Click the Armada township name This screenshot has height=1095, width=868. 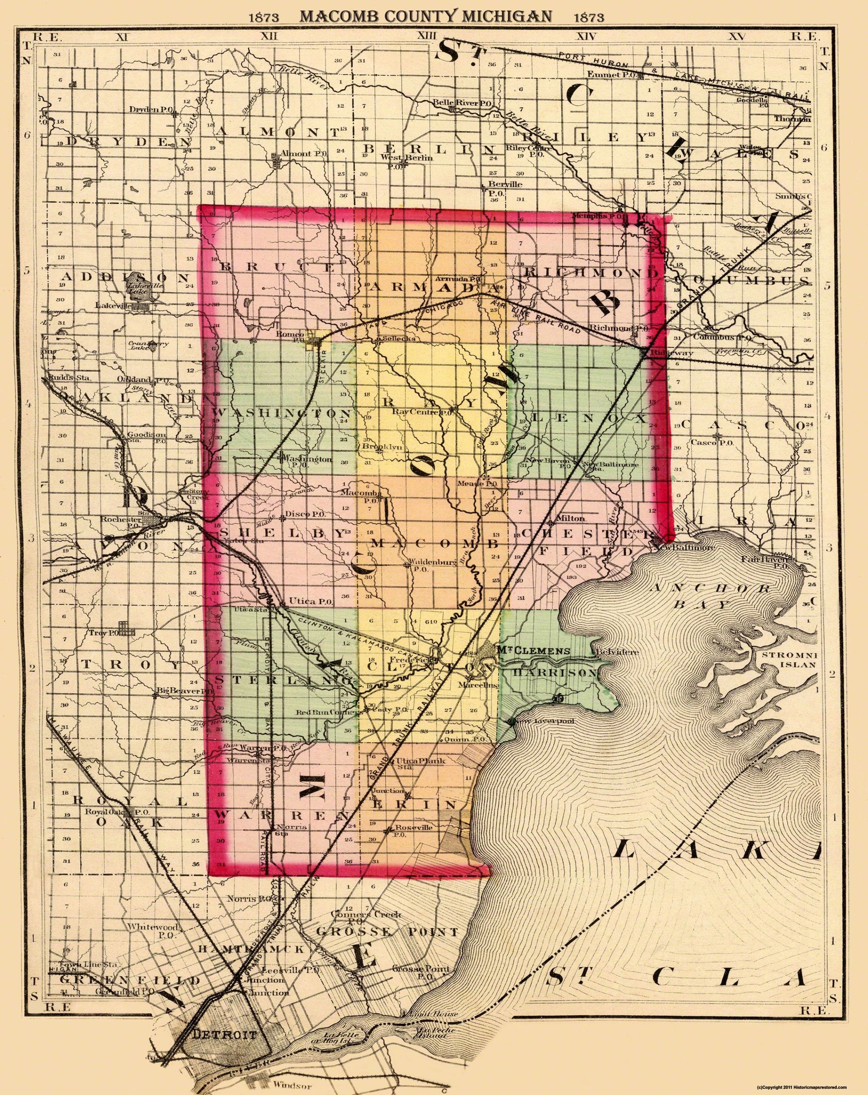(434, 287)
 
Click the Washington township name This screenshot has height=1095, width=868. (282, 412)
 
